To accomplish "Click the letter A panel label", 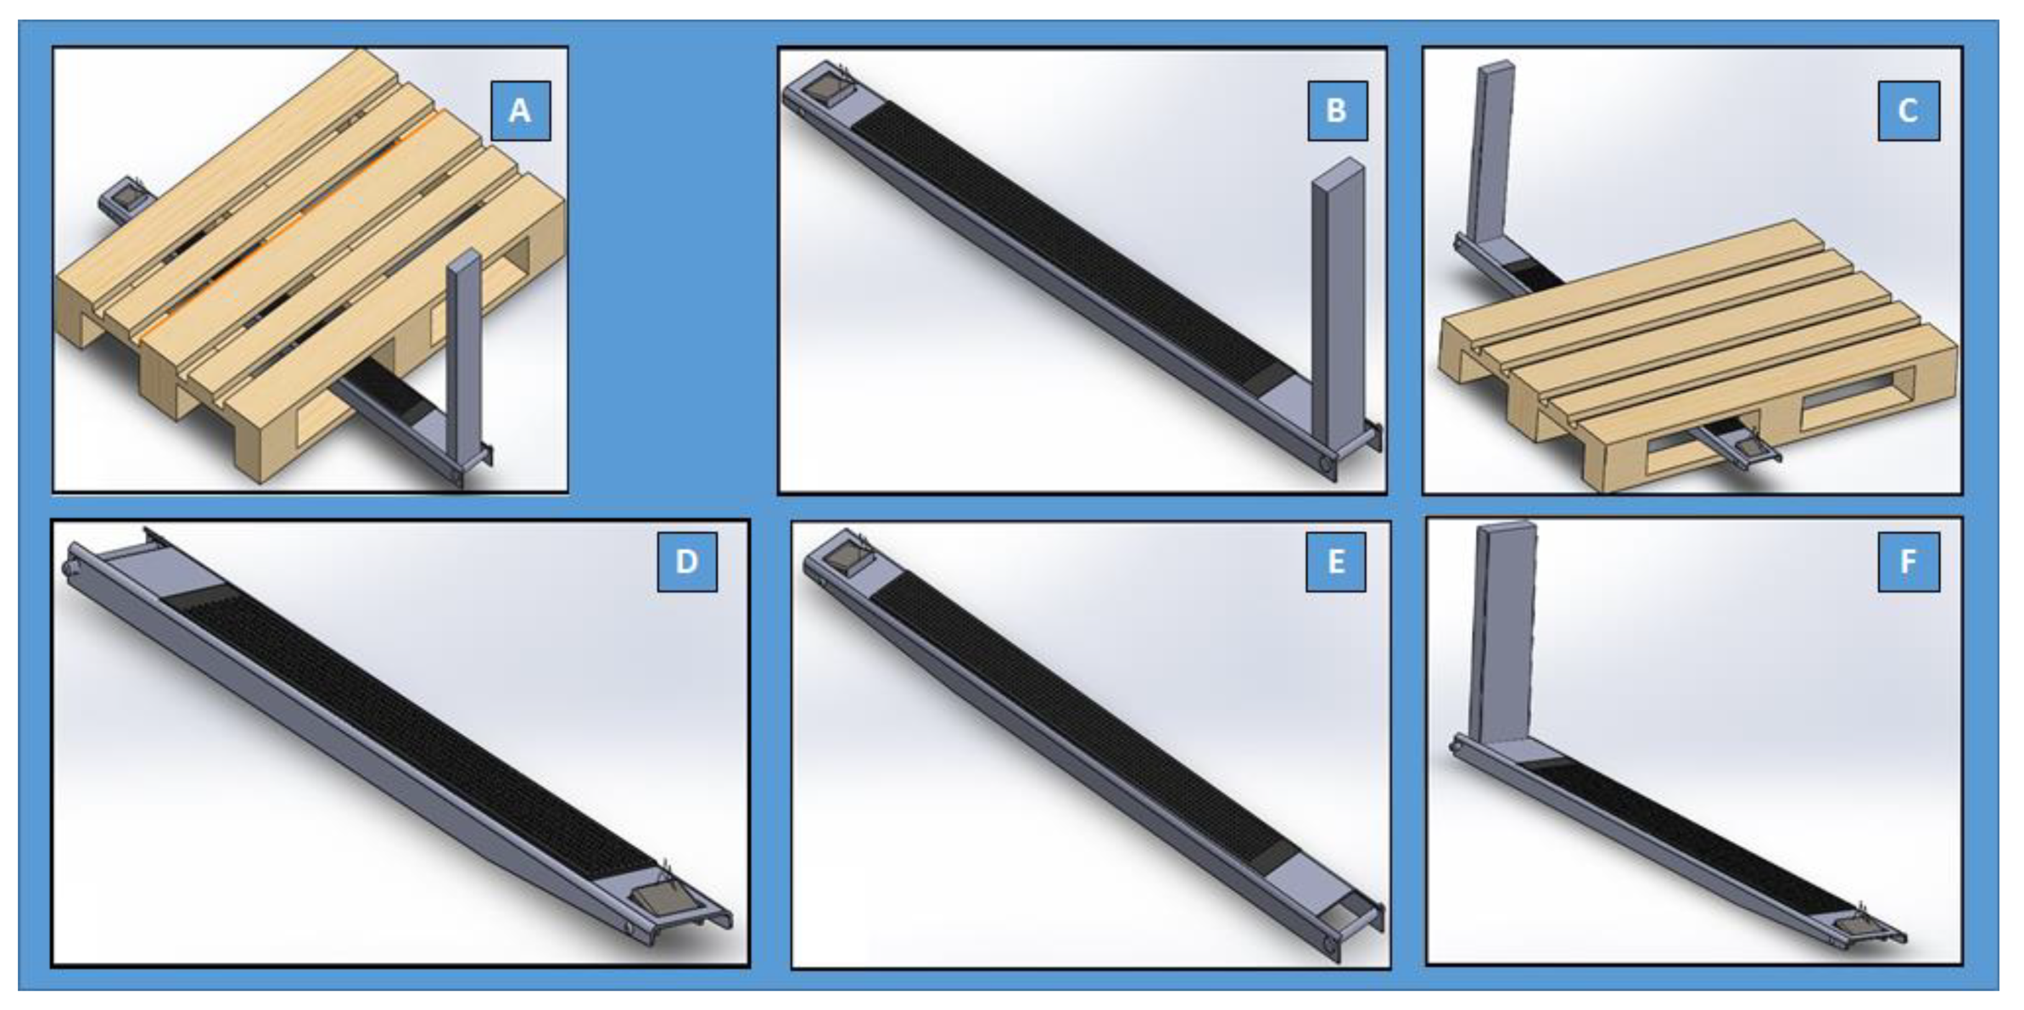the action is [520, 111].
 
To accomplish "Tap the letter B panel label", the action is [1338, 111].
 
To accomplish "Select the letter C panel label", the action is [1908, 111].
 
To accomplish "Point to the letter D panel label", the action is [686, 562].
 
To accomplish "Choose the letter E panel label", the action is [1336, 562].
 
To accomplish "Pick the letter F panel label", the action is [1908, 562].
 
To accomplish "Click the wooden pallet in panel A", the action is [311, 267].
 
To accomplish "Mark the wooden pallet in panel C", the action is [1697, 354].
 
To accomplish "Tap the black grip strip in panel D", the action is [409, 727].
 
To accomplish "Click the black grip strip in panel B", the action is [1065, 247].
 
